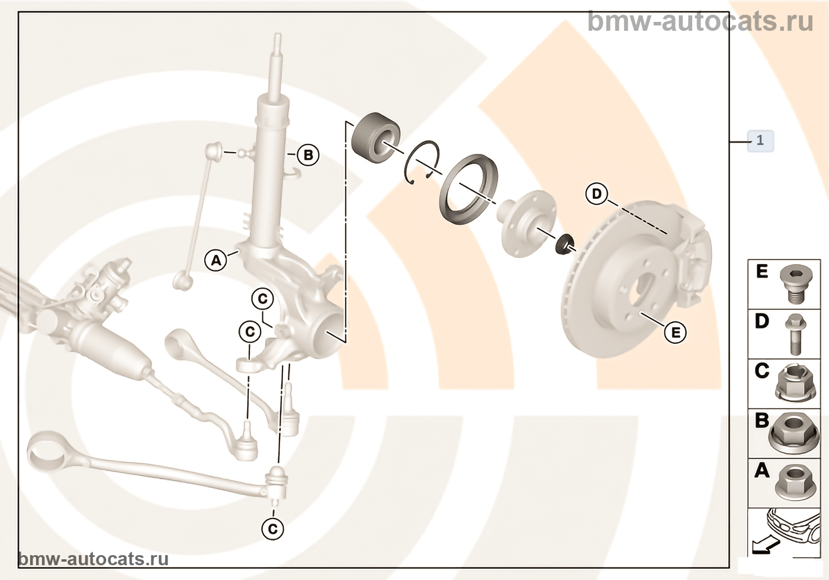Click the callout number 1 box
760,141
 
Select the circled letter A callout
216,259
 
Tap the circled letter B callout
307,155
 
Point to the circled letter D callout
596,194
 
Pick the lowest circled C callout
272,528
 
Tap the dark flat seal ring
468,189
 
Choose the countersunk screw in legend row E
793,283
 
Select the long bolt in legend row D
795,334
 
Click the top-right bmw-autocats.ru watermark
701,21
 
